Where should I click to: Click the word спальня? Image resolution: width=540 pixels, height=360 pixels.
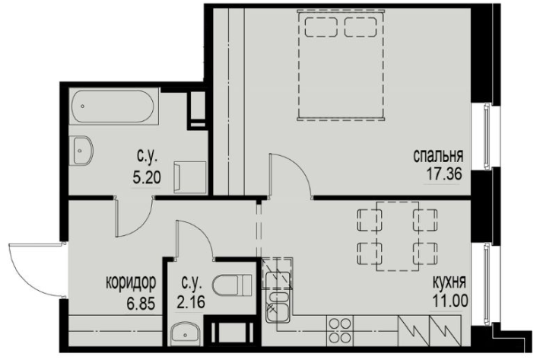(438, 156)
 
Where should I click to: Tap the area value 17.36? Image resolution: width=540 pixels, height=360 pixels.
(444, 174)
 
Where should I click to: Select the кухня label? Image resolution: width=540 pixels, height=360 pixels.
(449, 282)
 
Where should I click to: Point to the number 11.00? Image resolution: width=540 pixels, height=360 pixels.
(449, 301)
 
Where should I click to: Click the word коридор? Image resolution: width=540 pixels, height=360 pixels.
(131, 282)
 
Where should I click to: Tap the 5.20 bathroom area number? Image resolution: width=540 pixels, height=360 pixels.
(147, 178)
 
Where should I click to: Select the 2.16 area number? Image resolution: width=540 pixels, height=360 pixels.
(190, 302)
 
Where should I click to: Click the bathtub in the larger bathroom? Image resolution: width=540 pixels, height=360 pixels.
(113, 106)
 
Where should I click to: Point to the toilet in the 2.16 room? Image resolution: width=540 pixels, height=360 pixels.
(233, 285)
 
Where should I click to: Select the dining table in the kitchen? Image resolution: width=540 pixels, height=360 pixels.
(398, 237)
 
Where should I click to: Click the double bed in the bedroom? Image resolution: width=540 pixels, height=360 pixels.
(341, 65)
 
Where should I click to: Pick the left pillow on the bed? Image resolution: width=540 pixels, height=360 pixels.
(321, 27)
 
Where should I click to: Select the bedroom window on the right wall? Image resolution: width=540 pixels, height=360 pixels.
(486, 135)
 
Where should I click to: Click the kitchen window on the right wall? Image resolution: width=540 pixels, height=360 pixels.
(486, 283)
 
